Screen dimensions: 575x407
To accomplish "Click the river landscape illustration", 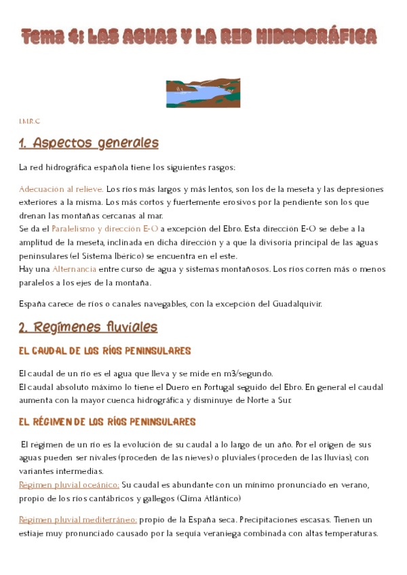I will pyautogui.click(x=203, y=93).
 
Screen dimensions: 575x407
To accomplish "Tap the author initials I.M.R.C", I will pyautogui.click(x=29, y=121).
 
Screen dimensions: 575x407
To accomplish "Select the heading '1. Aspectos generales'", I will pyautogui.click(x=88, y=143).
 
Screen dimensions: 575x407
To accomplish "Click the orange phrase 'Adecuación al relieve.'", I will pyautogui.click(x=61, y=189).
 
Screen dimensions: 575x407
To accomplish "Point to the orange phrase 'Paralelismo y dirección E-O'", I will pyautogui.click(x=104, y=229).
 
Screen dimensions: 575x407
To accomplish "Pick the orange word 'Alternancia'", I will pyautogui.click(x=74, y=269).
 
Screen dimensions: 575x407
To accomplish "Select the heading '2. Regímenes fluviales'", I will pyautogui.click(x=88, y=328).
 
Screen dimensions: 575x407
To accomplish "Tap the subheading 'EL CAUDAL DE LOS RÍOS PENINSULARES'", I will pyautogui.click(x=105, y=351).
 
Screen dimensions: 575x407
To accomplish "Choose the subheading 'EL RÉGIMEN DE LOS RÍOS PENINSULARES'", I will pyautogui.click(x=107, y=422).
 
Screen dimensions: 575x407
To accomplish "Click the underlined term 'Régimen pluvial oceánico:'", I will pyautogui.click(x=69, y=485).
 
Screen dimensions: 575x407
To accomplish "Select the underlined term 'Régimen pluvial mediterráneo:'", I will pyautogui.click(x=78, y=520).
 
